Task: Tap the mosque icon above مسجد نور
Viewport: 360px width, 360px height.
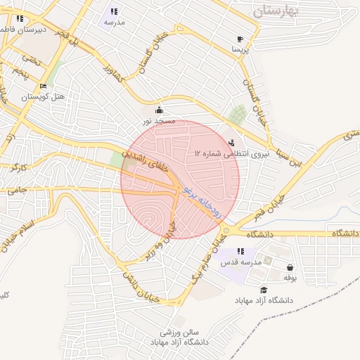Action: click(x=159, y=110)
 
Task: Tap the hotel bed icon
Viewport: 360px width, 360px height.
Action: click(x=44, y=86)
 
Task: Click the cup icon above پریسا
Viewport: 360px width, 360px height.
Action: click(x=240, y=39)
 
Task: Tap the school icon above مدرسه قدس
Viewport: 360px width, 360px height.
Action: click(x=240, y=251)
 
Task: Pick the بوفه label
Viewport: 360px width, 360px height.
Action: click(x=289, y=278)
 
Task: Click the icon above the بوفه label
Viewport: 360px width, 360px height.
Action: click(x=290, y=267)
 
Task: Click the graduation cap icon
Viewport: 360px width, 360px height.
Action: click(x=264, y=290)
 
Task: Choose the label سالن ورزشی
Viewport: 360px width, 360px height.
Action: click(x=180, y=331)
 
